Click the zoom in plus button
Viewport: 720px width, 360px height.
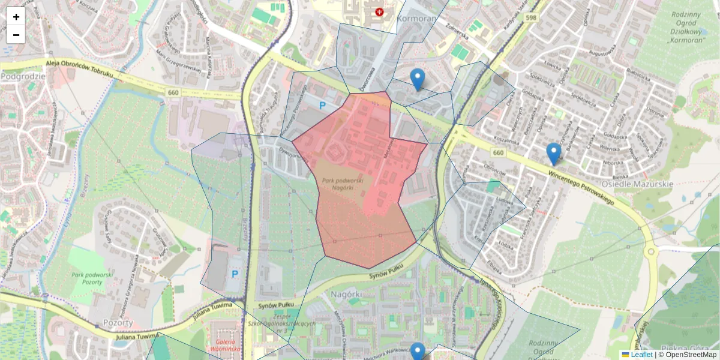(x=16, y=17)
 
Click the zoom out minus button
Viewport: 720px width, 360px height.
(x=16, y=35)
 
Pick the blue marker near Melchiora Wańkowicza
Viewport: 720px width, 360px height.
(x=418, y=352)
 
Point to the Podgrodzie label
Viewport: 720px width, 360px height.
(x=24, y=76)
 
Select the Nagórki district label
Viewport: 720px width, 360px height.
(x=346, y=295)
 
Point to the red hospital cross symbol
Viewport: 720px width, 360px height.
(x=379, y=12)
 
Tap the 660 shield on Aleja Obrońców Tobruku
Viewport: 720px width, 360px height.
(x=173, y=92)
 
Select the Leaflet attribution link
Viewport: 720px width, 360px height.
(x=641, y=355)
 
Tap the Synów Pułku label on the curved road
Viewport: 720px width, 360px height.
(x=384, y=278)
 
